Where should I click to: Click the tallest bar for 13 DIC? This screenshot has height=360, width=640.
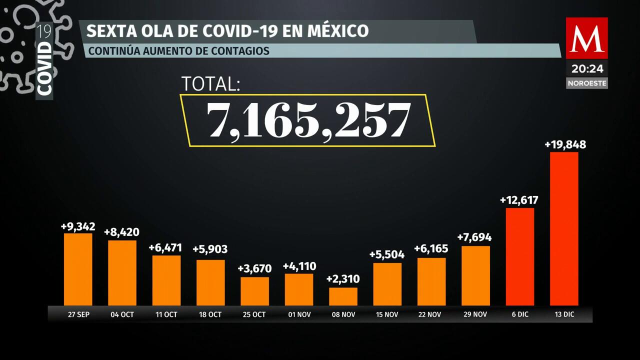(x=564, y=228)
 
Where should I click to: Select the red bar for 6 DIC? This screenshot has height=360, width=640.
(x=520, y=256)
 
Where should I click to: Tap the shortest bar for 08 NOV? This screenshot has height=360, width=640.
(x=343, y=296)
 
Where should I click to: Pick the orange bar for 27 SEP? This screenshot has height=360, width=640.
(x=78, y=269)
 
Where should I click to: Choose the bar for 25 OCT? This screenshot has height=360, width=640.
(x=254, y=291)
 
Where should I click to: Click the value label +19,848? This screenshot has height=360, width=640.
(x=565, y=145)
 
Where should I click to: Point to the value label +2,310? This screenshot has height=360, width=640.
(x=343, y=279)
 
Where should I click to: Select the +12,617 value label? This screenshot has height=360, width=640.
(x=519, y=200)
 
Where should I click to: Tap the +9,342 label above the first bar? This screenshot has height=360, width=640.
(x=78, y=226)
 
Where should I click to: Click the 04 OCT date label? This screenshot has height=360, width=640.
(x=122, y=314)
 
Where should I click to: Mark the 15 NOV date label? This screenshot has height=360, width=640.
(x=387, y=314)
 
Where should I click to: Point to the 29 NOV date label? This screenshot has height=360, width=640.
(x=475, y=314)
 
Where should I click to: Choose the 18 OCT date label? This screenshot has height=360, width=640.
(x=210, y=314)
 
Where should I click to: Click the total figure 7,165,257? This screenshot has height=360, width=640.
(x=308, y=120)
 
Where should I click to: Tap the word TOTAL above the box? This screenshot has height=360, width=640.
(x=210, y=84)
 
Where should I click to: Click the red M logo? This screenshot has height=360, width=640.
(x=586, y=38)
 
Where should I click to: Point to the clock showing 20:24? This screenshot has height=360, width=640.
(x=587, y=68)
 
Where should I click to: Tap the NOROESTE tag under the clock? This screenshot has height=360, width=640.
(x=587, y=83)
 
